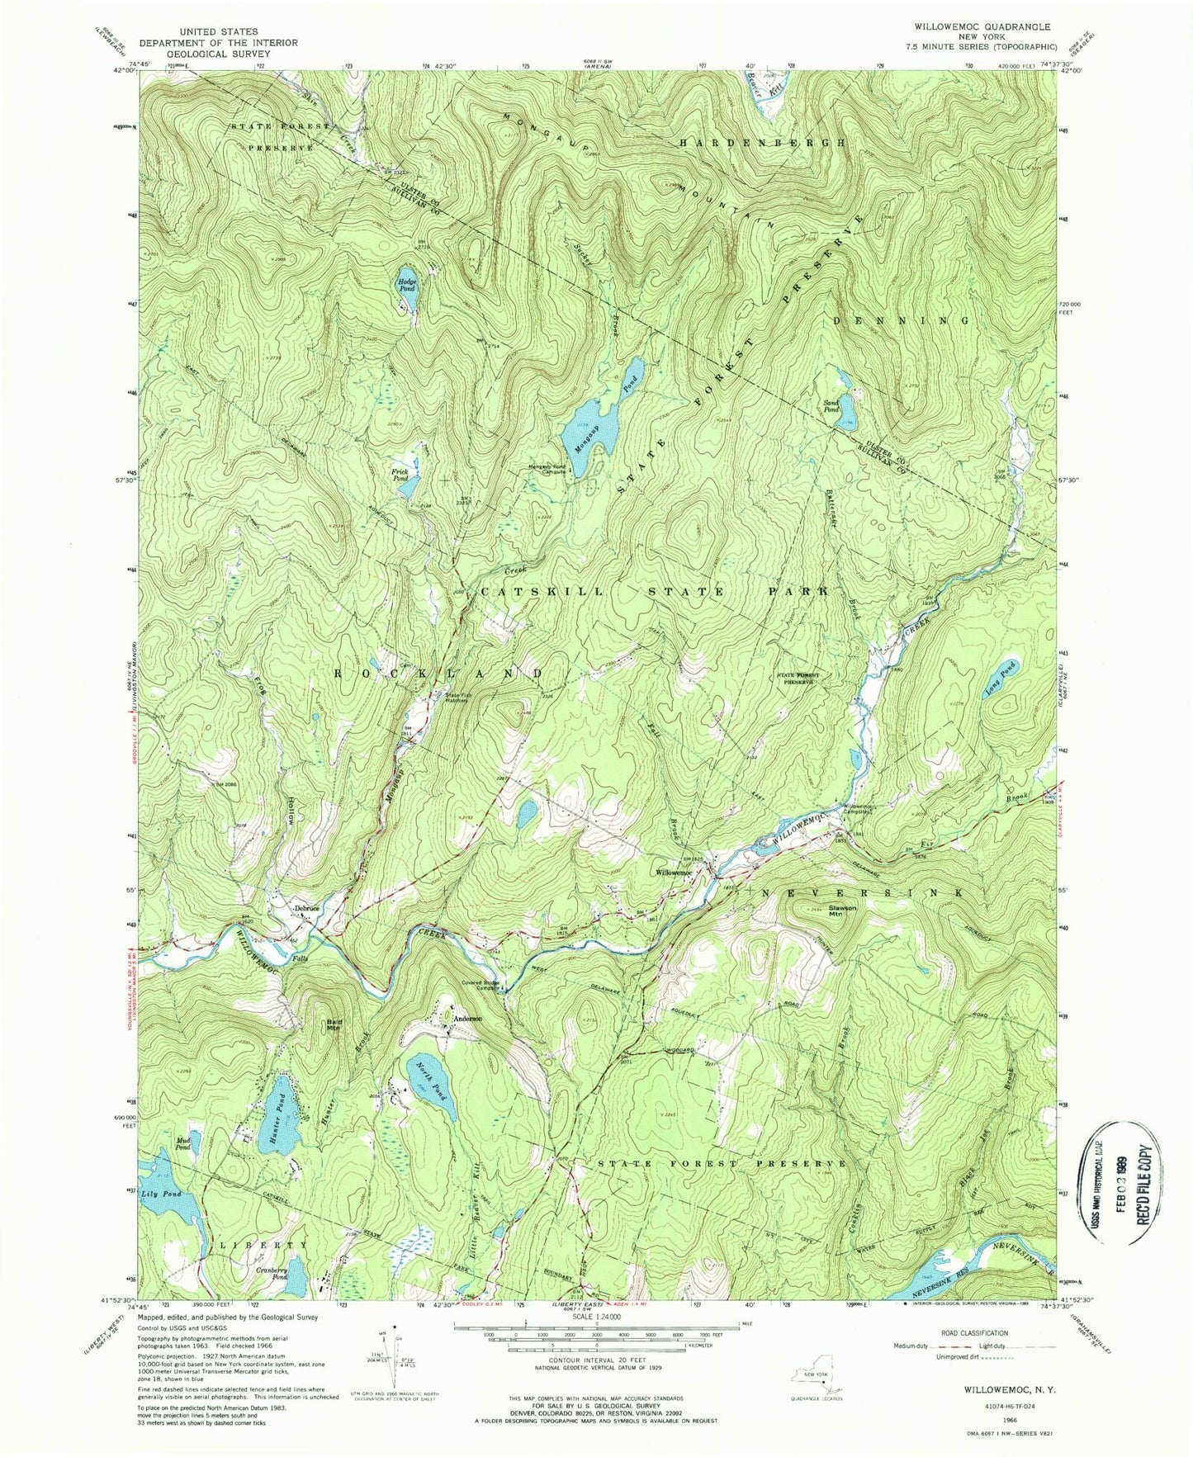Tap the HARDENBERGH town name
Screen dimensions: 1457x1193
point(763,143)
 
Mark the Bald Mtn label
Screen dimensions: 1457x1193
point(334,1025)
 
